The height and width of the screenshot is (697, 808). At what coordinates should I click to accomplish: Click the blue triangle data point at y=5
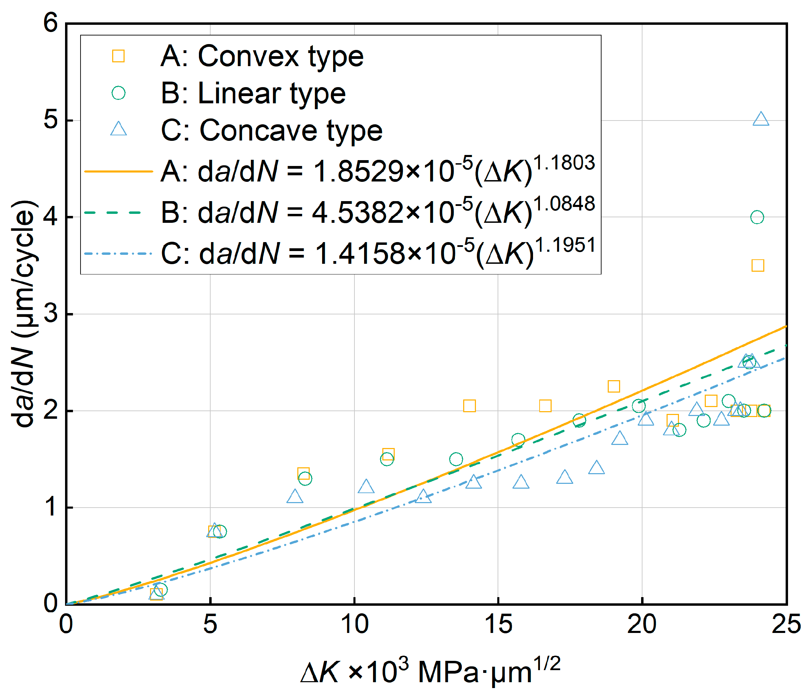(x=761, y=119)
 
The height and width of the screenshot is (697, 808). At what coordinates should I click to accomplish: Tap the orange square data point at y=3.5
(x=758, y=266)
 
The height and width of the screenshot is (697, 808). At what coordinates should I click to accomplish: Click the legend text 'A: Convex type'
(x=262, y=56)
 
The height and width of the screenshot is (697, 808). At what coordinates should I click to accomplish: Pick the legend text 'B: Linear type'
(x=253, y=93)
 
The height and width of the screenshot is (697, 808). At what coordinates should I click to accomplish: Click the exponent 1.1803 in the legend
(x=564, y=163)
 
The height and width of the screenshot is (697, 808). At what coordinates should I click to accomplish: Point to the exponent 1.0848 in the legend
(x=564, y=204)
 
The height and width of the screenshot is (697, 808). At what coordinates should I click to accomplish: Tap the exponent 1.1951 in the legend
(x=565, y=246)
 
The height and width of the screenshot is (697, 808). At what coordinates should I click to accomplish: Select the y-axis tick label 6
(x=50, y=23)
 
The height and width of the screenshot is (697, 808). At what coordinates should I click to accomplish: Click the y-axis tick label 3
(x=50, y=313)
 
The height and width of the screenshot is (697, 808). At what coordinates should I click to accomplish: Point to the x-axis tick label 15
(x=498, y=624)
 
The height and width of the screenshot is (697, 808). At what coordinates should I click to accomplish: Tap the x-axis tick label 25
(x=786, y=624)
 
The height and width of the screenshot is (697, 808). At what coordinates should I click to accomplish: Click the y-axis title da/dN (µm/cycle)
(x=24, y=314)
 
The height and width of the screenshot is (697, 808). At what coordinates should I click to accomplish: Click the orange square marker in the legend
(x=118, y=56)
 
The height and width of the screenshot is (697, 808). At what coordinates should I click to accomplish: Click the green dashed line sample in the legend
(x=118, y=213)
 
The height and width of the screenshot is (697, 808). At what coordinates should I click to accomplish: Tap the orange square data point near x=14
(x=469, y=406)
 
